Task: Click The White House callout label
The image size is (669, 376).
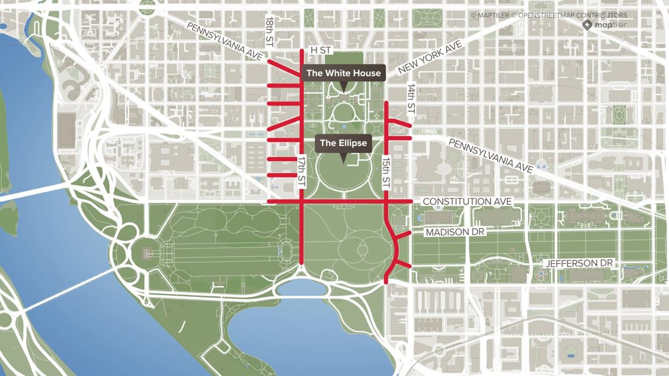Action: (x=344, y=73)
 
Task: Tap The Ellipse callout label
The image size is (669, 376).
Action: (x=343, y=143)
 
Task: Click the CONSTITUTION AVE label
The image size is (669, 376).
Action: (x=467, y=202)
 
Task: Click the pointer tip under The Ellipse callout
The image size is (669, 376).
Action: (x=343, y=162)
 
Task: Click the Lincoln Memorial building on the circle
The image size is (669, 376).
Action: (x=146, y=253)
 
